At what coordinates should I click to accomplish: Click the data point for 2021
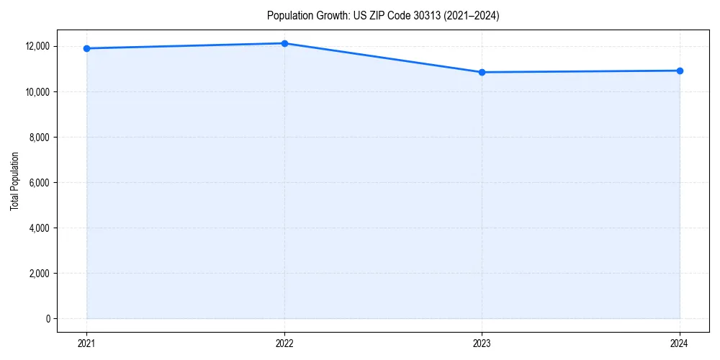tap(86, 48)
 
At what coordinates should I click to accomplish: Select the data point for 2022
tap(284, 43)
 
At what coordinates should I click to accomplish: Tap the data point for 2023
tap(482, 72)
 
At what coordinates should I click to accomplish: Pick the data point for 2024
tap(680, 71)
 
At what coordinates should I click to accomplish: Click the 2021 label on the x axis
tap(86, 343)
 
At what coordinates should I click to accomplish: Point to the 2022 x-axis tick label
tap(284, 343)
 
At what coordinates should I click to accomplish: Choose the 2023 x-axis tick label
tap(482, 343)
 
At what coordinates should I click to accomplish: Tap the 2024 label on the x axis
tap(680, 343)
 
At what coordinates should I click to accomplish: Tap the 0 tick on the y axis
tap(48, 318)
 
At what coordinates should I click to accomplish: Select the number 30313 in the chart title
tap(426, 16)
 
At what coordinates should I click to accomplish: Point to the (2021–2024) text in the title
tap(470, 16)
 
